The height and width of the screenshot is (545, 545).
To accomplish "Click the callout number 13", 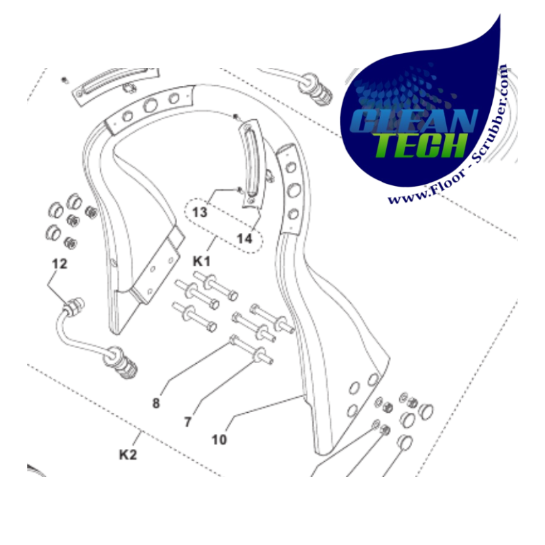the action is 200,213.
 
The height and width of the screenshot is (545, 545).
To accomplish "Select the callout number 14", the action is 245,239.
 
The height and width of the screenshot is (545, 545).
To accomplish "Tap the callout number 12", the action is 59,264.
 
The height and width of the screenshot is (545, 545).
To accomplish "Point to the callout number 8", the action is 156,403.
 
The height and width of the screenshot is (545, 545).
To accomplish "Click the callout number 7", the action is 188,422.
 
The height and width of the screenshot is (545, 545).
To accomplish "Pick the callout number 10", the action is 219,439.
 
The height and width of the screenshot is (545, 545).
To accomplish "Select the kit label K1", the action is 202,261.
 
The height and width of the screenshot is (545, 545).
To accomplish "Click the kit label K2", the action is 128,454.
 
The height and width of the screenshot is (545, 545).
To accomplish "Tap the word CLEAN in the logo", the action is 414,121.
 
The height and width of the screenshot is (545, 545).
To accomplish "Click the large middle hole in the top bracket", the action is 150,104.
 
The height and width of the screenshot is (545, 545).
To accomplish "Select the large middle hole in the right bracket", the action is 294,190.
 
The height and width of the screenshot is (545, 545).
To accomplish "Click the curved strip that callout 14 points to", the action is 251,163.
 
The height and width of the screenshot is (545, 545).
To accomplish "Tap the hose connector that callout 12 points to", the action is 74,307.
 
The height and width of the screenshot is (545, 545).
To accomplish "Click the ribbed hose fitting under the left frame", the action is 120,363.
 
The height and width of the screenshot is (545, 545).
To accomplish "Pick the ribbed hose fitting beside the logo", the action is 315,89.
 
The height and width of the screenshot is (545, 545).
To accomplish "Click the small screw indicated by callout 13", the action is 240,189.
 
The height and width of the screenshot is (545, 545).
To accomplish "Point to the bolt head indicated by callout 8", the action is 233,339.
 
